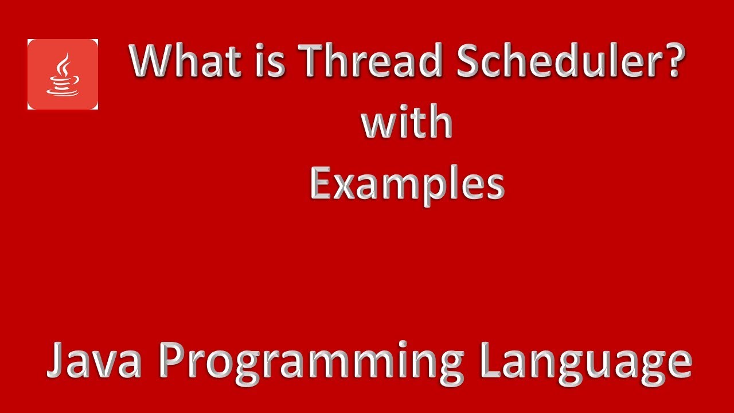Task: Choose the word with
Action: coord(407,123)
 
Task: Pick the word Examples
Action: coord(407,185)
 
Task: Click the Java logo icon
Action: coord(63,74)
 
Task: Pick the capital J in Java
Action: coord(57,360)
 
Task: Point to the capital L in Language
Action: coord(490,360)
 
